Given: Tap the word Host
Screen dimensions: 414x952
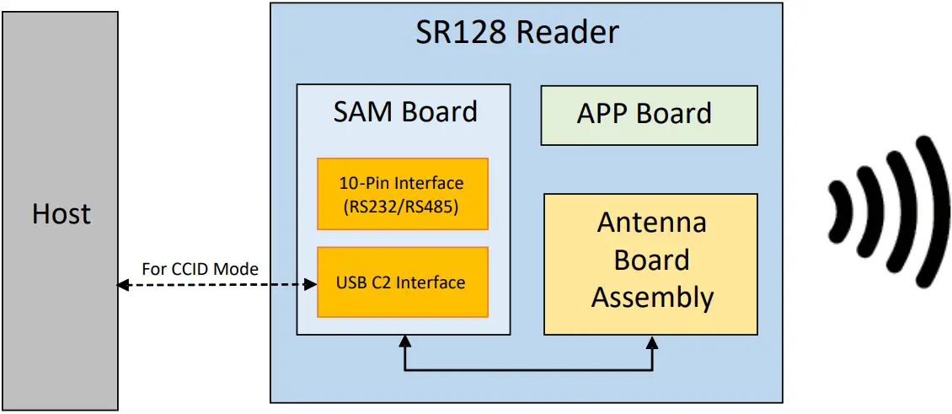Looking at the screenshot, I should point(61,214).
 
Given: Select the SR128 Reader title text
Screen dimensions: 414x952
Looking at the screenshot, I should point(517,32).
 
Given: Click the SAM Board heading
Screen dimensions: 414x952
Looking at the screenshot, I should point(404,112).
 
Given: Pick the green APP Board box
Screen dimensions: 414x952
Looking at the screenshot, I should point(649,115).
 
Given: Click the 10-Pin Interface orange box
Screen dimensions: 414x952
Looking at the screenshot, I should point(402,193).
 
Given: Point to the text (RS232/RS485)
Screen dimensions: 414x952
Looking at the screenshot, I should point(402,207).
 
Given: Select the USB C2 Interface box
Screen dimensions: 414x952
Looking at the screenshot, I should point(402,282).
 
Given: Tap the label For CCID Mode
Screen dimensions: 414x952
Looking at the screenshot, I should point(200,269).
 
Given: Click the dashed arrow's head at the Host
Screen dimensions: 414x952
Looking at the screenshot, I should point(123,286).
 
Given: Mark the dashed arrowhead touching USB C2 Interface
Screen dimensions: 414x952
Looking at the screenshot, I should point(310,286).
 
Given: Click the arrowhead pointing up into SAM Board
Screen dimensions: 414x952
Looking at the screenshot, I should point(404,341).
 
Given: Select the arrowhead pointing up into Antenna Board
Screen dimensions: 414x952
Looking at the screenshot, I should point(651,341).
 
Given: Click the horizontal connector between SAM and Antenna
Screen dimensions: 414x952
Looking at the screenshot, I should point(528,369).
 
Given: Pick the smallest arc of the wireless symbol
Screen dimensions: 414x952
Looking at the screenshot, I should point(837,211).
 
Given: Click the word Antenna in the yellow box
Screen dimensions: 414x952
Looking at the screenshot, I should point(651,223).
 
